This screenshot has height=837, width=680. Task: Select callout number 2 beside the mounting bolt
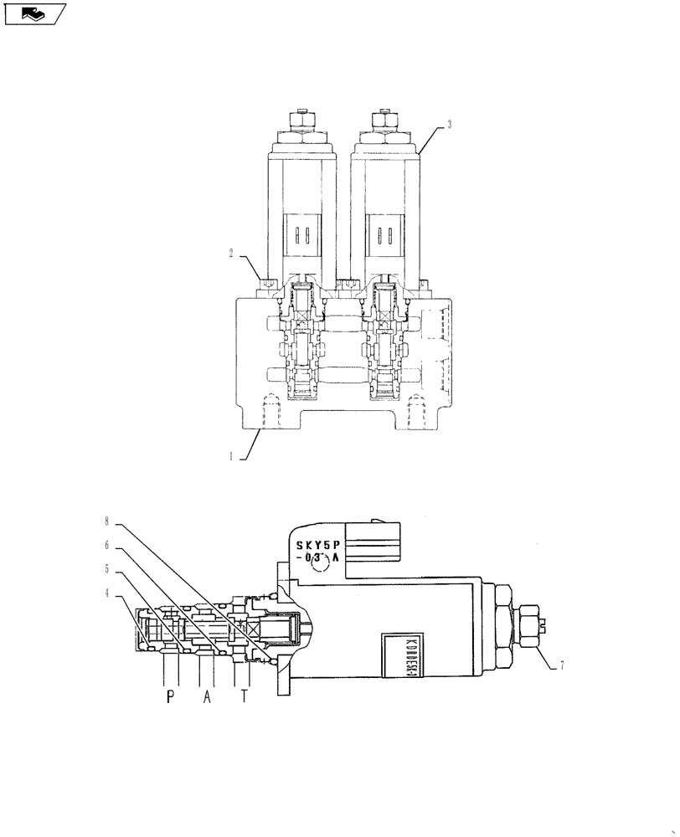click(x=232, y=250)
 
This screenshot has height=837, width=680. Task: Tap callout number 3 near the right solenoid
click(x=450, y=125)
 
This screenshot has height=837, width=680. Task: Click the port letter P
click(x=170, y=697)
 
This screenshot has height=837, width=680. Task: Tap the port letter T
click(x=244, y=697)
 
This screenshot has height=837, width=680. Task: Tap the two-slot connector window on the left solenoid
click(x=300, y=234)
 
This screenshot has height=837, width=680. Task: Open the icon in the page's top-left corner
click(x=34, y=13)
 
